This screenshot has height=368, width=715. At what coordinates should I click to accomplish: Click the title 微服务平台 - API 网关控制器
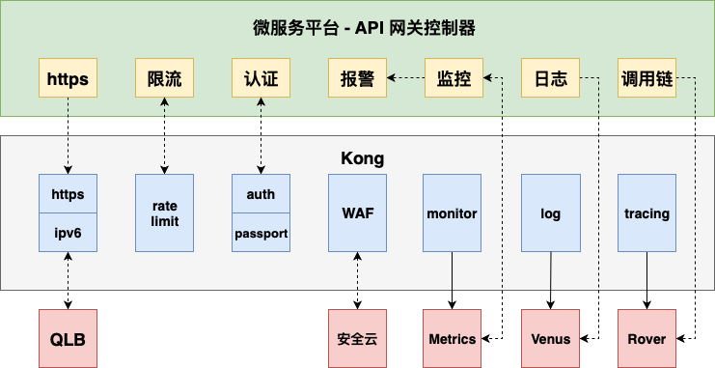pos(357,28)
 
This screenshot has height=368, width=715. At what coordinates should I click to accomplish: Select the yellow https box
pos(68,78)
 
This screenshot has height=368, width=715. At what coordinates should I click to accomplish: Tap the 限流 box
pos(164,78)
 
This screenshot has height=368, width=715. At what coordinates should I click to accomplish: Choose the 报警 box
pos(357,78)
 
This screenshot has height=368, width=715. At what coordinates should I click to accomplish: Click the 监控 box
pos(454,78)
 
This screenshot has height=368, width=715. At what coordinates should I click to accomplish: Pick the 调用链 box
pos(646,78)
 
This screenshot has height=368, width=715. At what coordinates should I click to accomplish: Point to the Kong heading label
pos(357,157)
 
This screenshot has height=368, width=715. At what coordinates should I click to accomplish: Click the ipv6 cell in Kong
pos(68,233)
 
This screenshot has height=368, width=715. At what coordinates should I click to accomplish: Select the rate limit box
pos(164,213)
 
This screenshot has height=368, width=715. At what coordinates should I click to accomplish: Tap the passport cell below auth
pos(261,233)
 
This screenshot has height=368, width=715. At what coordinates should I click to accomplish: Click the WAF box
pos(357,213)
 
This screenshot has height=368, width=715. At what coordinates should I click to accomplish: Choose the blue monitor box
pos(453,213)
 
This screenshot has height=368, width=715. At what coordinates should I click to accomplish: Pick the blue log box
pos(550,213)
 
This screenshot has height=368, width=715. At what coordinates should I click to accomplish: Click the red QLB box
pos(68,339)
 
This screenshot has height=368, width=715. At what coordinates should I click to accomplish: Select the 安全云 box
pos(357,339)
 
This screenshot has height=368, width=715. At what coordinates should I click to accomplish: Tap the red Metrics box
pos(453,339)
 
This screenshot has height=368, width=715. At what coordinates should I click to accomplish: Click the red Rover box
pos(646,339)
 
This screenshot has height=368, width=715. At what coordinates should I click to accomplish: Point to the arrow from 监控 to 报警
pos(405,78)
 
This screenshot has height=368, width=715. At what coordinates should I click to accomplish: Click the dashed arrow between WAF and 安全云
pos(357,281)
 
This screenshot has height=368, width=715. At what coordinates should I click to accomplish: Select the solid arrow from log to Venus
pos(550,281)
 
